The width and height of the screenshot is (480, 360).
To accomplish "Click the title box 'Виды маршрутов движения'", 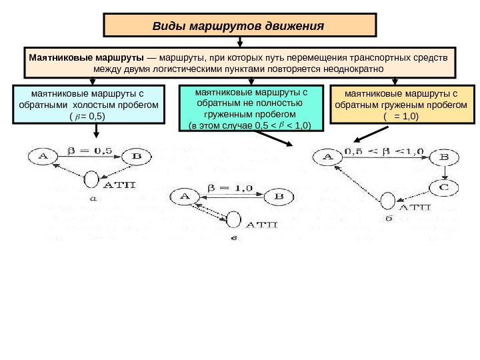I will click(239, 26).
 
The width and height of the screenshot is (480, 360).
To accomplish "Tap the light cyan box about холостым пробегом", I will click(88, 105).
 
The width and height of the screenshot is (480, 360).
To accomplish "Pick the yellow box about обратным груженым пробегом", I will click(401, 105).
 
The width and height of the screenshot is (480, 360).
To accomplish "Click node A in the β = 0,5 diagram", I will click(44, 157).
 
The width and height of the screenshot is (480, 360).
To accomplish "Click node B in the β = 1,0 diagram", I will click(279, 197).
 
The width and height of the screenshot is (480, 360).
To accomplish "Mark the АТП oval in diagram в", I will click(235, 220).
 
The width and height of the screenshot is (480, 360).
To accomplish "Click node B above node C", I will click(443, 159).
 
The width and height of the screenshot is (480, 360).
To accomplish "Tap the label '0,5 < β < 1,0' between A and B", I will click(383, 151).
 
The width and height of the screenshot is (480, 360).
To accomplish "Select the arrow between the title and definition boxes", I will click(240, 41).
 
